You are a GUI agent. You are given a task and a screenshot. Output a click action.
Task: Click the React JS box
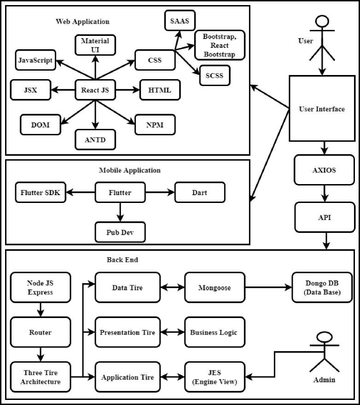point(95,90)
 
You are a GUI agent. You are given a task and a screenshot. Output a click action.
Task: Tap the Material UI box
point(95,45)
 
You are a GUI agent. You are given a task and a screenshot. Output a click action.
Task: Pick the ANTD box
point(95,140)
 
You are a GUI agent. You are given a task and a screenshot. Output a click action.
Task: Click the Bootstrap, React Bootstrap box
point(220,46)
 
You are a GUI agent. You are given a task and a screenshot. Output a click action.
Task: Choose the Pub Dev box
point(120,232)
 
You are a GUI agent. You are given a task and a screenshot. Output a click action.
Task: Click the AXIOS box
point(324,170)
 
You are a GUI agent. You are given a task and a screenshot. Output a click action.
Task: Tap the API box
point(324,217)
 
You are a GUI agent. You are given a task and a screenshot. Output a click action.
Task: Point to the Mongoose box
point(215,288)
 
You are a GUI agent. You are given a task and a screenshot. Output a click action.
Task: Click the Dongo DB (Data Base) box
point(322,288)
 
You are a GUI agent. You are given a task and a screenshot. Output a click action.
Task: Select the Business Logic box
point(215,332)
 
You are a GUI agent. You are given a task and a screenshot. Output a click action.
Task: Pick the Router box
point(41,332)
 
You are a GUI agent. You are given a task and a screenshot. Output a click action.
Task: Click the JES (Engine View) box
point(215,377)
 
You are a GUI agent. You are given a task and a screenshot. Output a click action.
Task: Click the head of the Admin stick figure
point(325,336)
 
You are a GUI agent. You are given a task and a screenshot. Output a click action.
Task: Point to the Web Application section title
point(82,21)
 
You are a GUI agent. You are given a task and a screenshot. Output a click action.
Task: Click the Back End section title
point(122,260)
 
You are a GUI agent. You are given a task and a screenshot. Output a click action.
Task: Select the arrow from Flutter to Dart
point(160,192)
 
